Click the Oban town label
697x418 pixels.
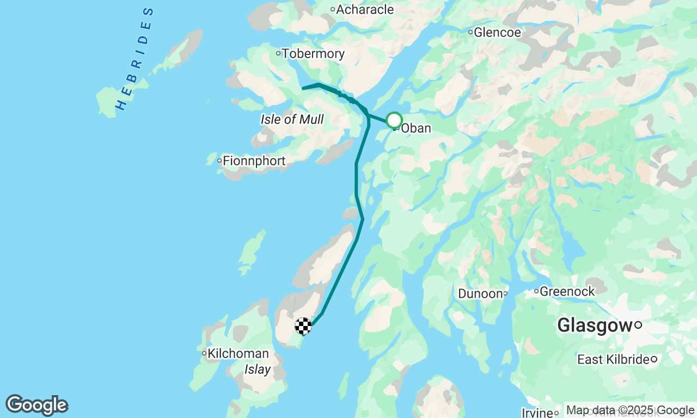(416, 128)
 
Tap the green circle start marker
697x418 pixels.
(394, 120)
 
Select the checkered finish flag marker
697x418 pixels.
(303, 326)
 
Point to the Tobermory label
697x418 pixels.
(313, 53)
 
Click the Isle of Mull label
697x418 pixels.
(292, 120)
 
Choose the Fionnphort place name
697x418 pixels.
(254, 161)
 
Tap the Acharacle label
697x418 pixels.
(365, 9)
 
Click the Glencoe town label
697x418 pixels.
(497, 32)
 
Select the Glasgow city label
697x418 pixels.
(595, 325)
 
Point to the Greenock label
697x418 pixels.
(567, 292)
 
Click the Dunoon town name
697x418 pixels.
(480, 294)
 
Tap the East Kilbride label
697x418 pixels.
(614, 359)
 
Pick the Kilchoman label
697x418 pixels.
(238, 353)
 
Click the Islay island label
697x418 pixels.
(257, 370)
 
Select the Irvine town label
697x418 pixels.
(537, 413)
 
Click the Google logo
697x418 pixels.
(37, 405)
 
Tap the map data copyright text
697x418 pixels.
(630, 410)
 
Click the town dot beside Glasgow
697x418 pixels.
(638, 325)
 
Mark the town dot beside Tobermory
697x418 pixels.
(278, 53)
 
